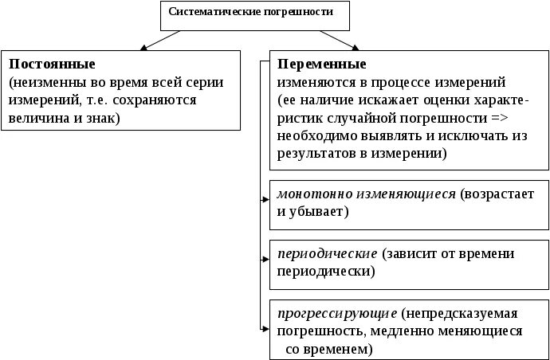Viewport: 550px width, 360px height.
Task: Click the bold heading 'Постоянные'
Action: pyautogui.click(x=53, y=63)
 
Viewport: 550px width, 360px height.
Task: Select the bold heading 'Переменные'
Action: pyautogui.click(x=321, y=63)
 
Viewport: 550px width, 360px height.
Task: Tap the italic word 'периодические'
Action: pyautogui.click(x=327, y=253)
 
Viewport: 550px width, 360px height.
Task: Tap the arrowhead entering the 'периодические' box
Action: pyautogui.click(x=265, y=259)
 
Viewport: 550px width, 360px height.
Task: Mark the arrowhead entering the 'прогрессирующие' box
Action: pyautogui.click(x=265, y=327)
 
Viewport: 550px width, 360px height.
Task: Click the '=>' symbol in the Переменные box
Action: pyautogui.click(x=500, y=118)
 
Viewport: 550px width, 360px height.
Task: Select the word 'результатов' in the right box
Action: pyautogui.click(x=315, y=155)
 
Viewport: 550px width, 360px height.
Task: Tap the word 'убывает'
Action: pyautogui.click(x=321, y=212)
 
